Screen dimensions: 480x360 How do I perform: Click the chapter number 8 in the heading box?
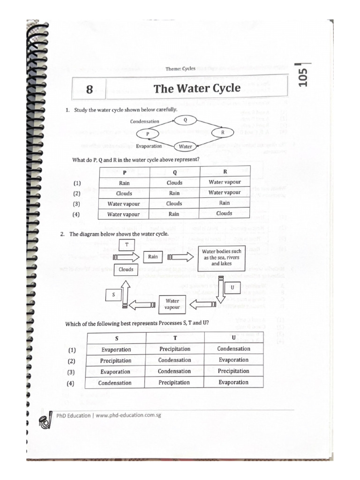89,89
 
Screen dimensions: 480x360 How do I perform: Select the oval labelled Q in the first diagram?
185,120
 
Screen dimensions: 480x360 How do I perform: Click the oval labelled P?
147,134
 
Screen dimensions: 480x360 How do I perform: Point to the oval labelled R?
223,133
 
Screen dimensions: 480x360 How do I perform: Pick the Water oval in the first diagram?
186,146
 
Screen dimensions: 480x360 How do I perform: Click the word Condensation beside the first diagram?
144,121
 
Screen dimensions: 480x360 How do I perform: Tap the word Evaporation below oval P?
149,146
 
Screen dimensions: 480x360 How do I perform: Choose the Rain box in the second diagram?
153,257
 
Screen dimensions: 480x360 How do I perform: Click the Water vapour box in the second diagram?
172,304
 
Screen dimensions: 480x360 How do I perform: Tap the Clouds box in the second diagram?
126,270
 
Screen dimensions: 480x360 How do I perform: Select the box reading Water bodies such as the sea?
222,257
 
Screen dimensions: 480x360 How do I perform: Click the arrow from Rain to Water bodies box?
180,257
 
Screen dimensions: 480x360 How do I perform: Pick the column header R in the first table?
225,172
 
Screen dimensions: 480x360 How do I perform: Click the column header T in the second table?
175,337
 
